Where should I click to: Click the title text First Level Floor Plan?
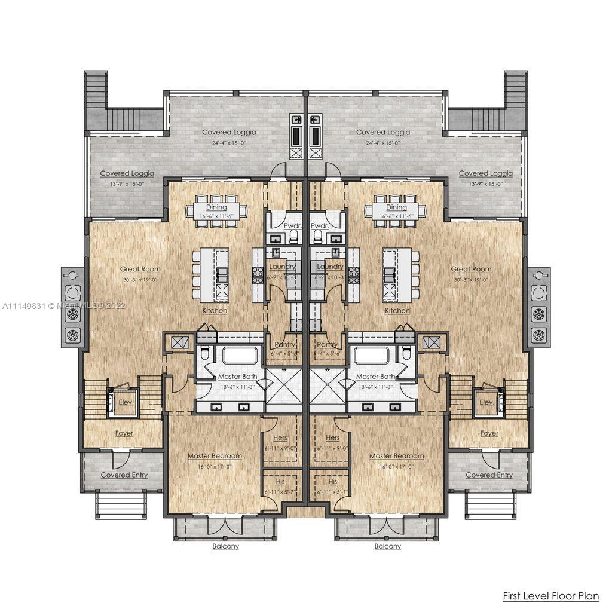(549, 596)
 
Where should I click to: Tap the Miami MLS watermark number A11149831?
(24, 305)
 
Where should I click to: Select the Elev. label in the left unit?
(124, 403)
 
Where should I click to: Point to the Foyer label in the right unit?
(489, 433)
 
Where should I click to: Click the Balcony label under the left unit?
(225, 546)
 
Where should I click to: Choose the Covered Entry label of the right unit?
(489, 475)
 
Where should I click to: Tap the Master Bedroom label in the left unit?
(215, 456)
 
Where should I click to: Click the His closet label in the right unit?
(333, 481)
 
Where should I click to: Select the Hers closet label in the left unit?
(280, 438)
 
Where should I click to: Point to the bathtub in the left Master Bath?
(240, 356)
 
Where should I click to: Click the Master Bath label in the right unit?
(375, 377)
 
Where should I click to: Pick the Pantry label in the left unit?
(285, 345)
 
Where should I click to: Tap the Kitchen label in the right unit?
(397, 311)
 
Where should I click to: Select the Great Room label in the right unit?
(471, 270)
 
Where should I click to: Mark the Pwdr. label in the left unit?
(293, 227)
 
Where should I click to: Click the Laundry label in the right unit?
(329, 267)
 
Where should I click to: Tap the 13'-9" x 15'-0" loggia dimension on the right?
(485, 184)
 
